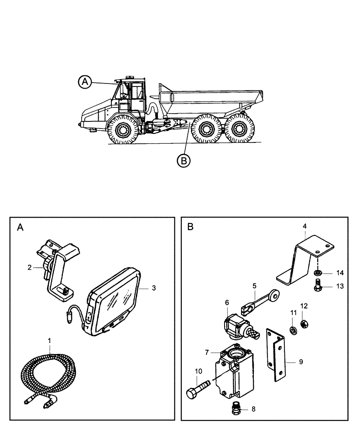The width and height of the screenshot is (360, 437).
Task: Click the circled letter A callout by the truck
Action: [x=85, y=81]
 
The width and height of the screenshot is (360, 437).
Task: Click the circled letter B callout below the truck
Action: [x=184, y=161]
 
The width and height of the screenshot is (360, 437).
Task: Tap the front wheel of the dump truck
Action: [x=123, y=130]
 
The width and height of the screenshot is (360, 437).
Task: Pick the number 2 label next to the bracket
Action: [x=30, y=267]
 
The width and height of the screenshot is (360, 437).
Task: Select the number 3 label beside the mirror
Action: [x=154, y=288]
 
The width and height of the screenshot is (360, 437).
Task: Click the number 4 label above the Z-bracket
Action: [x=304, y=226]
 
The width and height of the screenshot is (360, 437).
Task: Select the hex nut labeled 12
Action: [x=304, y=322]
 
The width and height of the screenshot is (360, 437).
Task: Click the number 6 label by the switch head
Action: [x=227, y=302]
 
